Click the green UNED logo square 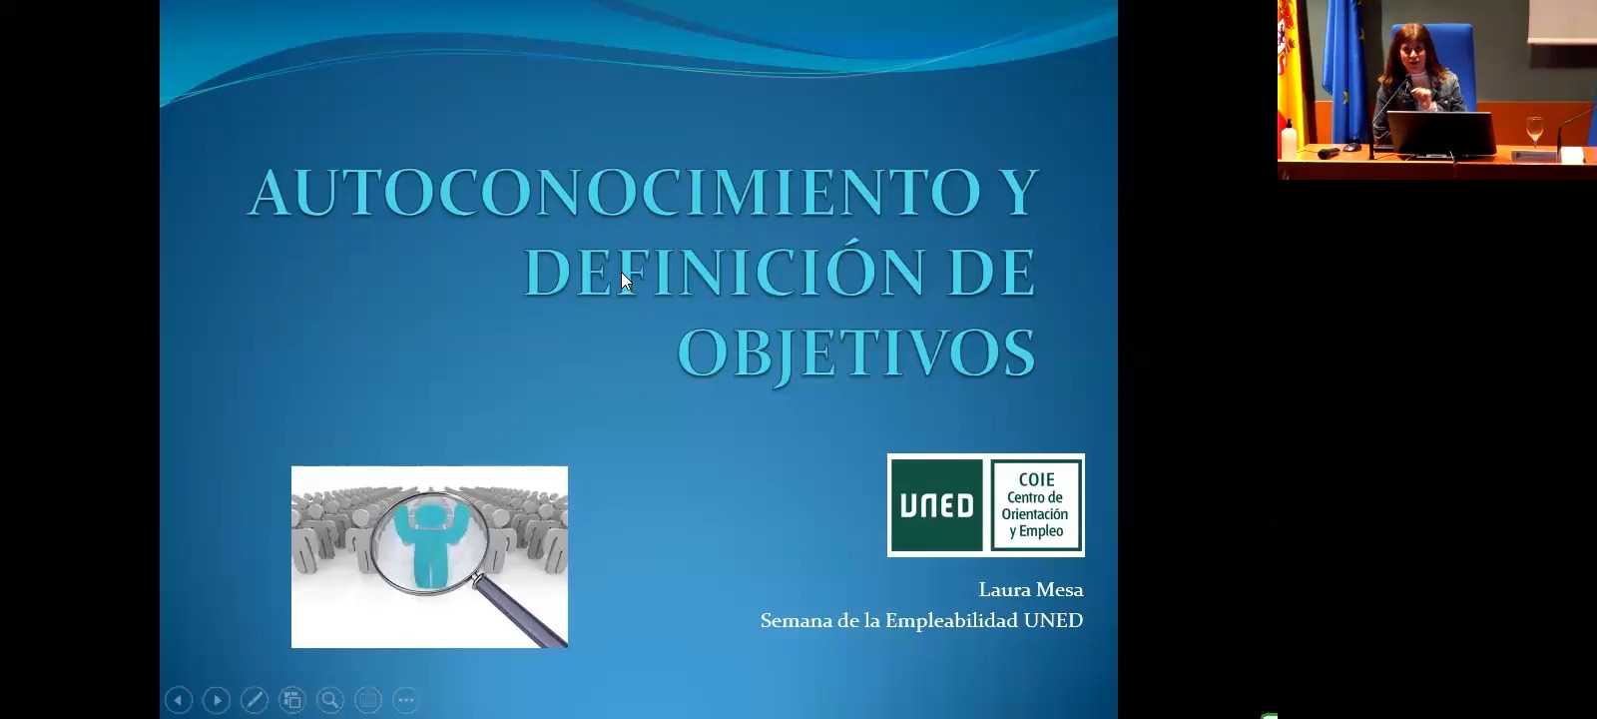point(937,505)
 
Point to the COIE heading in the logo point(1037,479)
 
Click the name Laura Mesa point(1030,590)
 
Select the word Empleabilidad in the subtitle point(951,621)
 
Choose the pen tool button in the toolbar point(255,700)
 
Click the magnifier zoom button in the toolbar point(330,700)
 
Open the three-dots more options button point(405,700)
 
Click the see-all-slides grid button point(292,700)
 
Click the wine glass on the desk point(1534,131)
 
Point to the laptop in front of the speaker point(1440,134)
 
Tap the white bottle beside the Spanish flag point(1289,139)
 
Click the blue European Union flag point(1344,70)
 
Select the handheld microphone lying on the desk point(1329,152)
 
